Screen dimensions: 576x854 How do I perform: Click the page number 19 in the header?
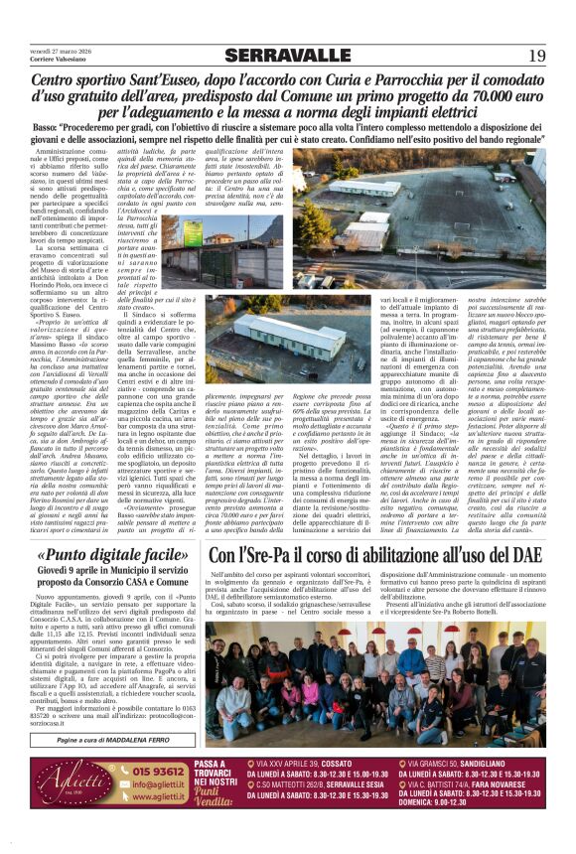[537, 55]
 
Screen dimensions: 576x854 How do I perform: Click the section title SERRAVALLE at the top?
[287, 55]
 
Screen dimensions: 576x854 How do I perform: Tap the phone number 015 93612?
[160, 770]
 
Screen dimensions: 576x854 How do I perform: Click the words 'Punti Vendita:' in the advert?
[215, 798]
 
